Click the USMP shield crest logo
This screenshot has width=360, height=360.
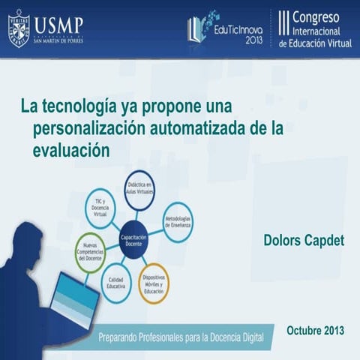click(x=19, y=27)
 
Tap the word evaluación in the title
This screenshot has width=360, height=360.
click(x=71, y=149)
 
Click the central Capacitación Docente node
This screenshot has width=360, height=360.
click(x=133, y=240)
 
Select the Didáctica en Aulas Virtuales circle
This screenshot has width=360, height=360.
click(x=139, y=187)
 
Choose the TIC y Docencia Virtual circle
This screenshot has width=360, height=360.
click(x=100, y=208)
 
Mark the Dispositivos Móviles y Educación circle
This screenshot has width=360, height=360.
click(x=154, y=283)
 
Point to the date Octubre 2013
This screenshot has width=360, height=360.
click(x=316, y=330)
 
